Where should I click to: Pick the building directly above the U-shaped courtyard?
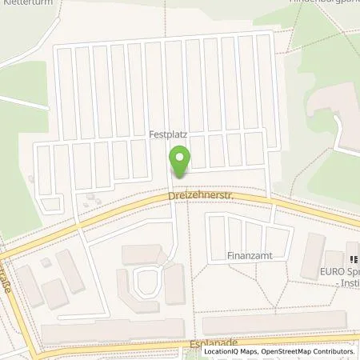click(x=144, y=254)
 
